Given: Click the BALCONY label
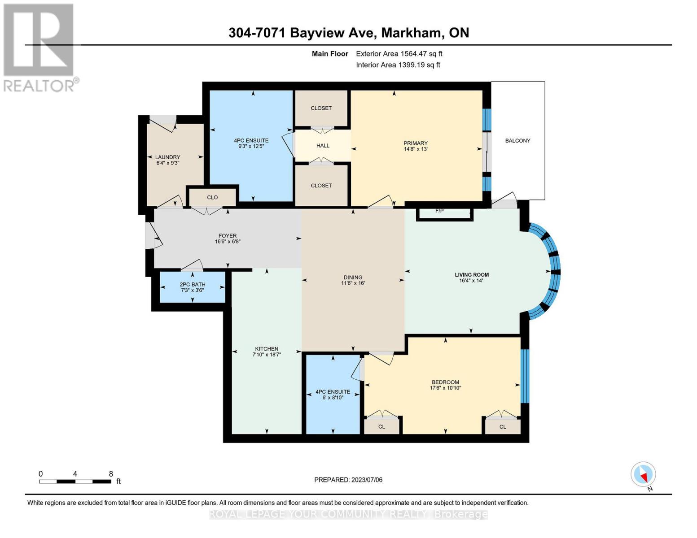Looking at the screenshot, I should click(x=517, y=141).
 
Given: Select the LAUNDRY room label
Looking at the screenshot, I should click(x=167, y=157).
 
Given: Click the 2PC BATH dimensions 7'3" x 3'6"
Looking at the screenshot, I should click(x=193, y=291).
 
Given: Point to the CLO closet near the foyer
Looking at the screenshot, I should click(x=212, y=197).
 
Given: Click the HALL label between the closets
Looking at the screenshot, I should click(x=323, y=146).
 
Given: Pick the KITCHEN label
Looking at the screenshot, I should click(x=267, y=349).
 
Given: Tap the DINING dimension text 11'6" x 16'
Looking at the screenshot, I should click(x=353, y=283).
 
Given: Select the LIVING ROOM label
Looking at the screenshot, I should click(x=471, y=275).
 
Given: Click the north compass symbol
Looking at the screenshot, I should click(x=644, y=475).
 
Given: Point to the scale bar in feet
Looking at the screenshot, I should click(x=75, y=481).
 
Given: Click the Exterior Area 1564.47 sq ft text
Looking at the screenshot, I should click(x=399, y=54).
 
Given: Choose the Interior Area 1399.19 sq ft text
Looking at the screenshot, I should click(x=398, y=65).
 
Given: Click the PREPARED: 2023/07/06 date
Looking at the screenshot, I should click(x=348, y=480).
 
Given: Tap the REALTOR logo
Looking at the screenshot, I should click(x=39, y=47).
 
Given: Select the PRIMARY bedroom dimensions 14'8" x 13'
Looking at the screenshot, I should click(x=415, y=149).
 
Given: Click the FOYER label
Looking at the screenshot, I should click(x=228, y=236).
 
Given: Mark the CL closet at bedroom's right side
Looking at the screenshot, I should click(x=503, y=426).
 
